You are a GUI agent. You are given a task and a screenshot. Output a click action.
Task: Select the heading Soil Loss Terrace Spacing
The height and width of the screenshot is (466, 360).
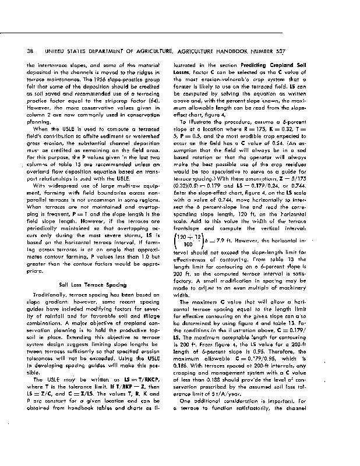93,285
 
